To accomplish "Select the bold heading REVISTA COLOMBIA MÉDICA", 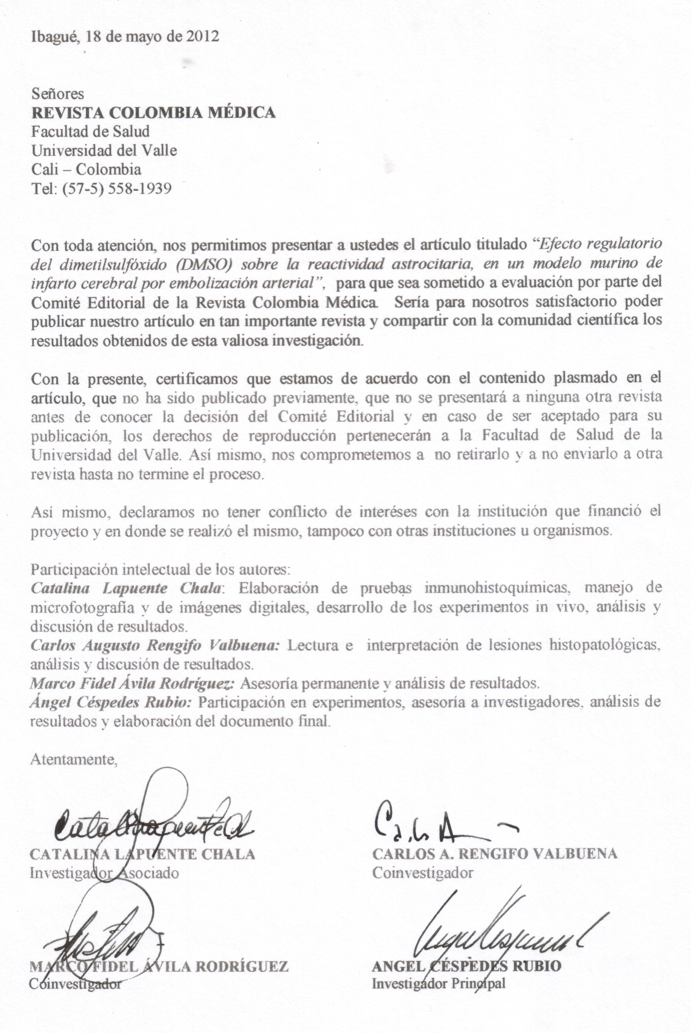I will coord(153,112).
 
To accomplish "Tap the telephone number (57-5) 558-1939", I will coord(117,189).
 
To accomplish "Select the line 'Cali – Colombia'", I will coord(86,169).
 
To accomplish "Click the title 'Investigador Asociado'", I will coord(104,873).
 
